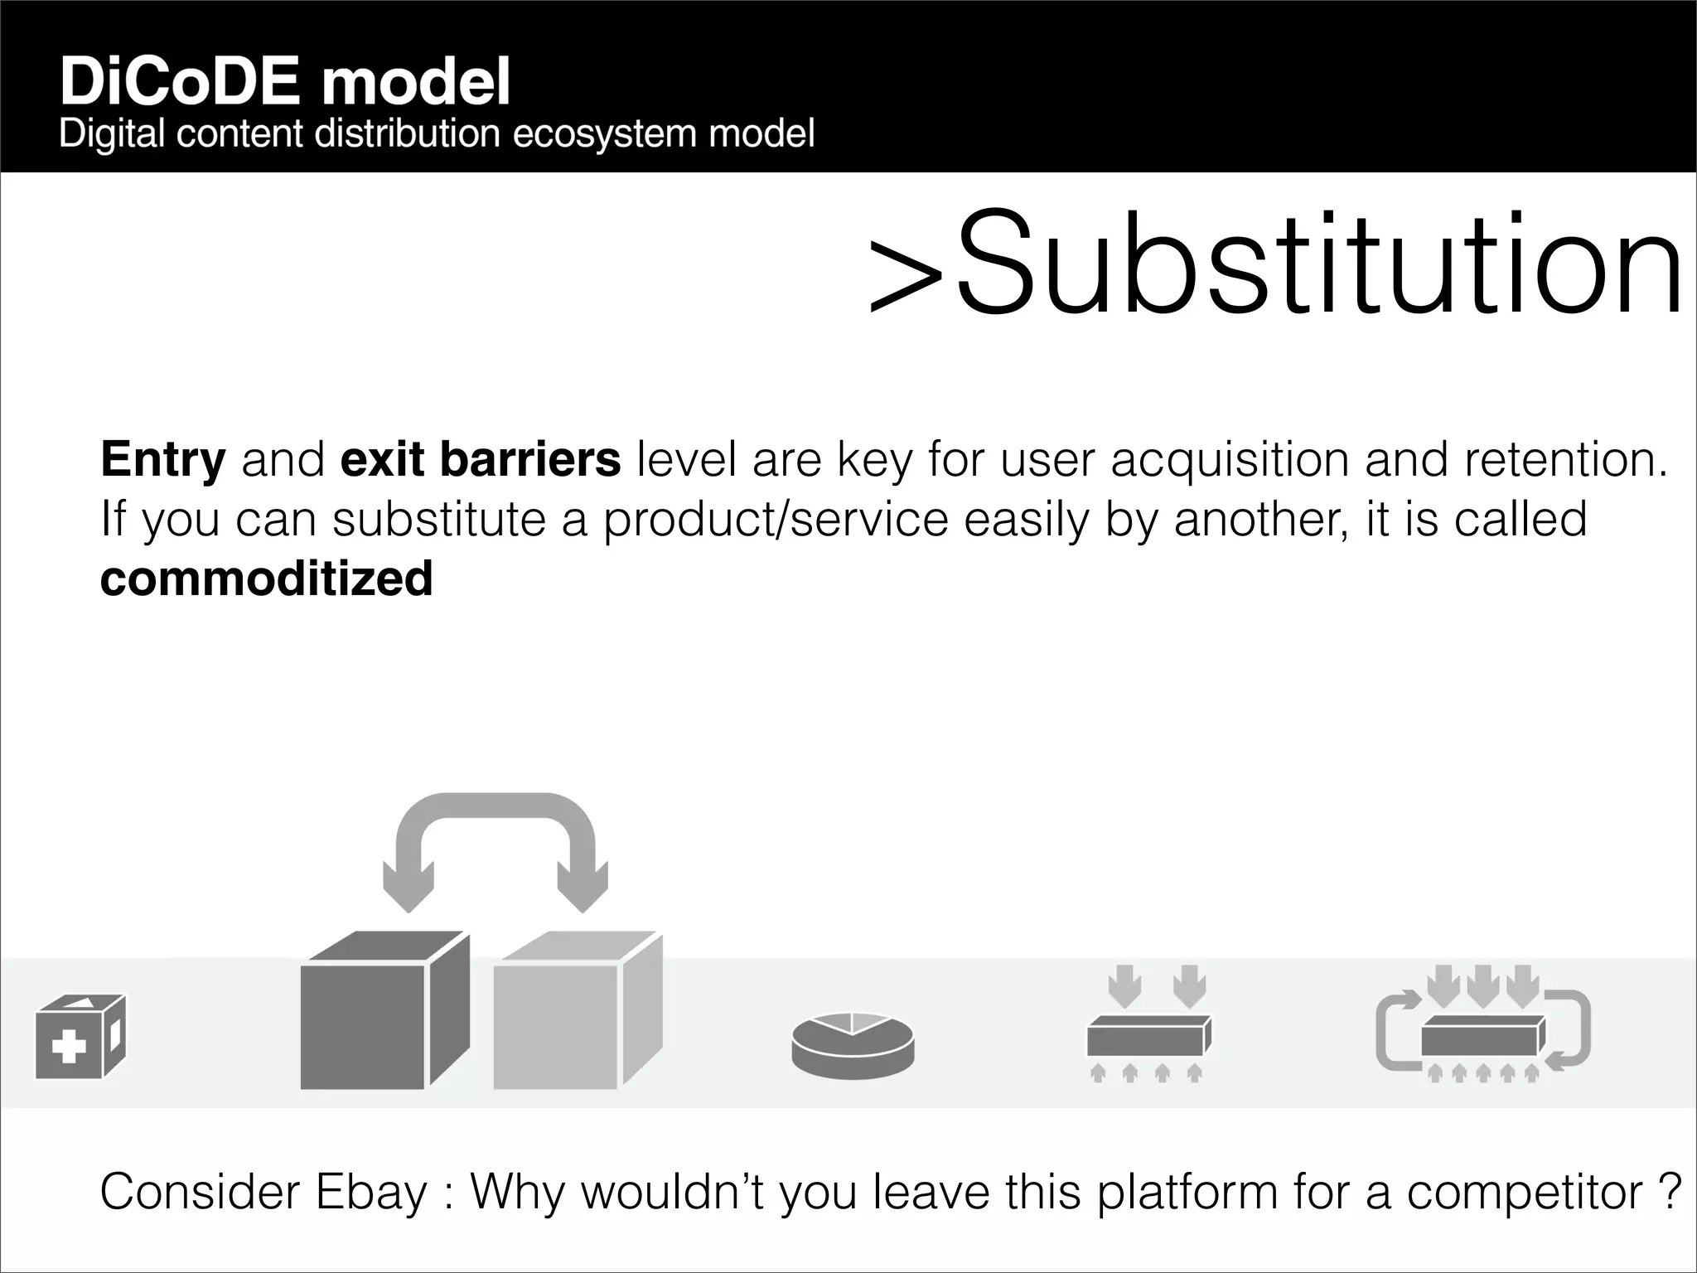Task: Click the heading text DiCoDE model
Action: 284,83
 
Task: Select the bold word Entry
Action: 162,459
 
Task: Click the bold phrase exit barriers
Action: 480,459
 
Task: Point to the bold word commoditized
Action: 266,578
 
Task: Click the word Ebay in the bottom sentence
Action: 370,1192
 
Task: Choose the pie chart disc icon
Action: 853,1044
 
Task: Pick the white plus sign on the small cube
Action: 69,1048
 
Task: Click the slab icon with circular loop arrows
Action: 1483,1026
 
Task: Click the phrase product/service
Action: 775,519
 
